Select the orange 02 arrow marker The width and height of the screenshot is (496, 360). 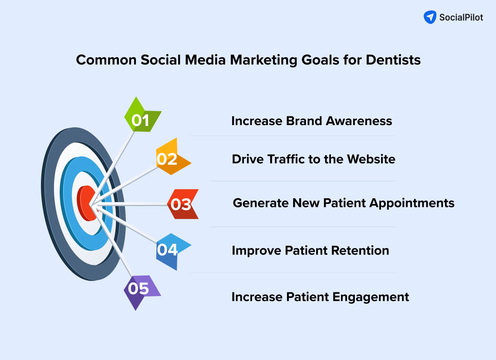170,158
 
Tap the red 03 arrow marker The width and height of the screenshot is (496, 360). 182,204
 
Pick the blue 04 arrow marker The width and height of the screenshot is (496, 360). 170,250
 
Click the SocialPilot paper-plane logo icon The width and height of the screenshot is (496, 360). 430,17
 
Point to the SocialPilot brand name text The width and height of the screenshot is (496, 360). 461,18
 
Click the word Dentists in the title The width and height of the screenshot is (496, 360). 393,60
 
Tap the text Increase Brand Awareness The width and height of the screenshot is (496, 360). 311,121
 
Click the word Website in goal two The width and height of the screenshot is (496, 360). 371,159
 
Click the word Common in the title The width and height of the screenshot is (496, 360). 106,60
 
